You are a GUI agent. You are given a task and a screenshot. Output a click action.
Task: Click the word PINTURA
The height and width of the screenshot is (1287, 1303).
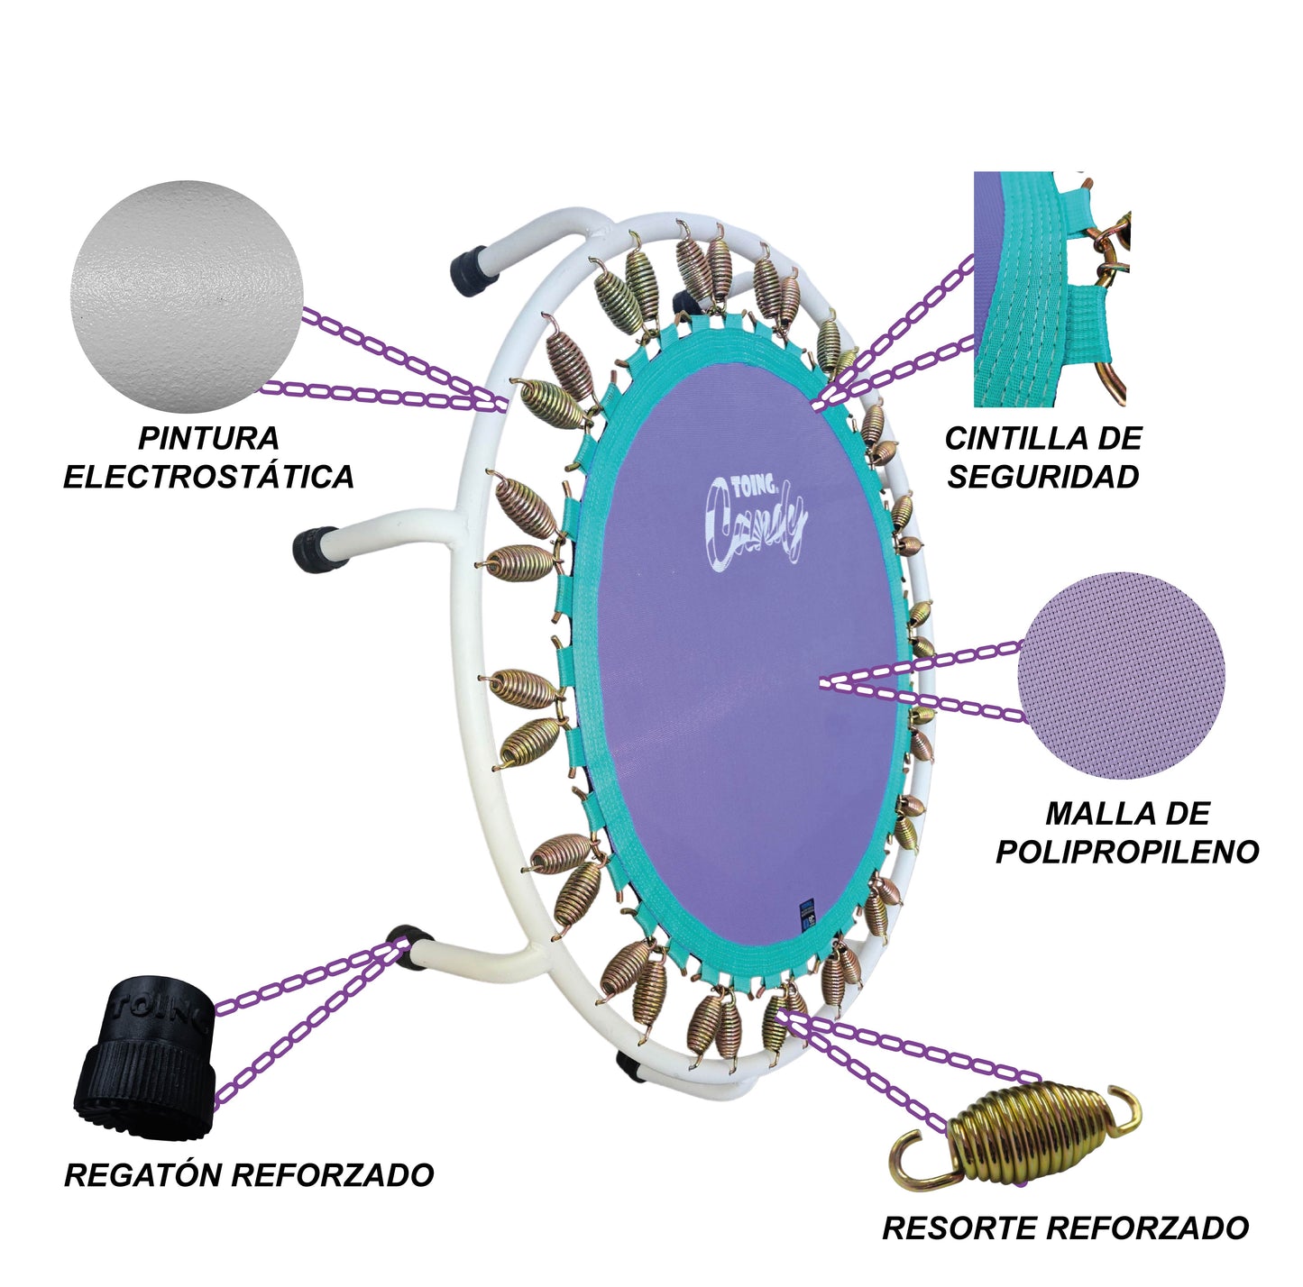click(x=208, y=439)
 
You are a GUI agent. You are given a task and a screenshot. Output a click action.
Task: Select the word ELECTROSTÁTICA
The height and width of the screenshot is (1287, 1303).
click(x=208, y=477)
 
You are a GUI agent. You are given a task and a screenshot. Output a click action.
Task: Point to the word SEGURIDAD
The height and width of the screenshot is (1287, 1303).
click(x=1043, y=478)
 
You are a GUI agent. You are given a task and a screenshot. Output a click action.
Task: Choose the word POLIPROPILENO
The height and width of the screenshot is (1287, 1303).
click(x=1127, y=853)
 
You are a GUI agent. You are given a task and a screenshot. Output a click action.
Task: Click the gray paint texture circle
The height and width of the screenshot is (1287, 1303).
click(x=188, y=296)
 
